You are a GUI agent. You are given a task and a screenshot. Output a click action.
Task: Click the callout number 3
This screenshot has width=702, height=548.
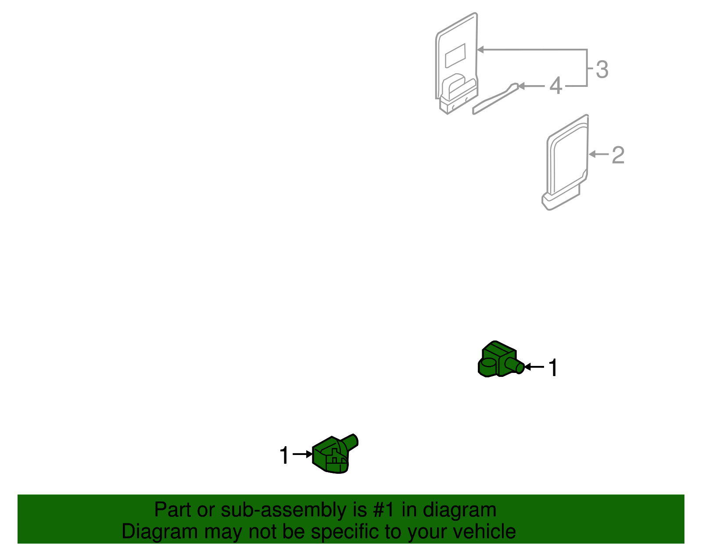pyautogui.click(x=602, y=70)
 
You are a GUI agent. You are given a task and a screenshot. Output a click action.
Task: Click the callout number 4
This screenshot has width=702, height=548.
pyautogui.click(x=555, y=86)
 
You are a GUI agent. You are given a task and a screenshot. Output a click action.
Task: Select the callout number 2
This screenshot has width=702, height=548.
pyautogui.click(x=618, y=155)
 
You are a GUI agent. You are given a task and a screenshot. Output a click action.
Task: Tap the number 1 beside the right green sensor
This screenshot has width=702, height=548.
pyautogui.click(x=553, y=368)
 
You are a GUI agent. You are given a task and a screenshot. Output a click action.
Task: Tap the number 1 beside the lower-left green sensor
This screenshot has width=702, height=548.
pyautogui.click(x=285, y=455)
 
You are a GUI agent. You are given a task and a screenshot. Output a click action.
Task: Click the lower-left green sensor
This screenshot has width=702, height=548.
pyautogui.click(x=332, y=456)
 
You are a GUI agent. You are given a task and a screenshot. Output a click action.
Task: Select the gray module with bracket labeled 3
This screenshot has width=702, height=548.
pyautogui.click(x=456, y=61)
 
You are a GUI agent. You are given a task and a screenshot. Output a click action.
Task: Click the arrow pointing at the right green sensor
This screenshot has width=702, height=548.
pyautogui.click(x=534, y=367)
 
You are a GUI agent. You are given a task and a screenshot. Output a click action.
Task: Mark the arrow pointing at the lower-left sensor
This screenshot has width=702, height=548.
pyautogui.click(x=302, y=454)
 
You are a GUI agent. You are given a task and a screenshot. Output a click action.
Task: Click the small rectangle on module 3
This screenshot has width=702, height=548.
pyautogui.click(x=455, y=55)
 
